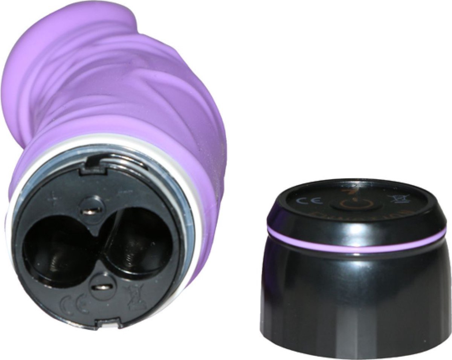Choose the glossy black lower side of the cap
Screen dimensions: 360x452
click(354, 302)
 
